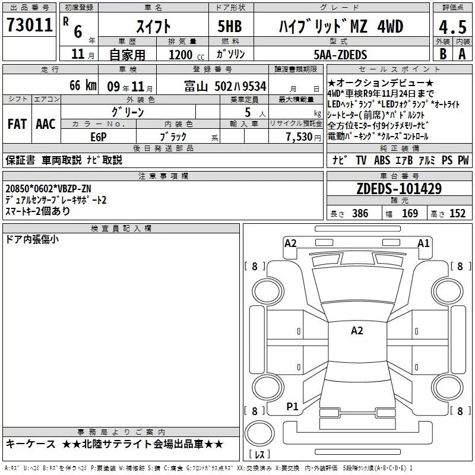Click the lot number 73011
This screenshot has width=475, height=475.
[x=30, y=25]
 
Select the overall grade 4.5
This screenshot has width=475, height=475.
[x=452, y=27]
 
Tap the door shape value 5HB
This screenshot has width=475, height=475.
[x=230, y=26]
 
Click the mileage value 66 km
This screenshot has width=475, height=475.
[x=83, y=85]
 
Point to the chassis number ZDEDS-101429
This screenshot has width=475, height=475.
[x=399, y=189]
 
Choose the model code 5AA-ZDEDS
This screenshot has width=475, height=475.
[x=340, y=55]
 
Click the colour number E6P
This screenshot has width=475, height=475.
[x=99, y=137]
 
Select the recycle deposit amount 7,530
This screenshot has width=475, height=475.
[x=299, y=137]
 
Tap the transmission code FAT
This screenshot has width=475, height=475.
[x=17, y=124]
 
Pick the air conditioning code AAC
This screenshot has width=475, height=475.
[x=46, y=124]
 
